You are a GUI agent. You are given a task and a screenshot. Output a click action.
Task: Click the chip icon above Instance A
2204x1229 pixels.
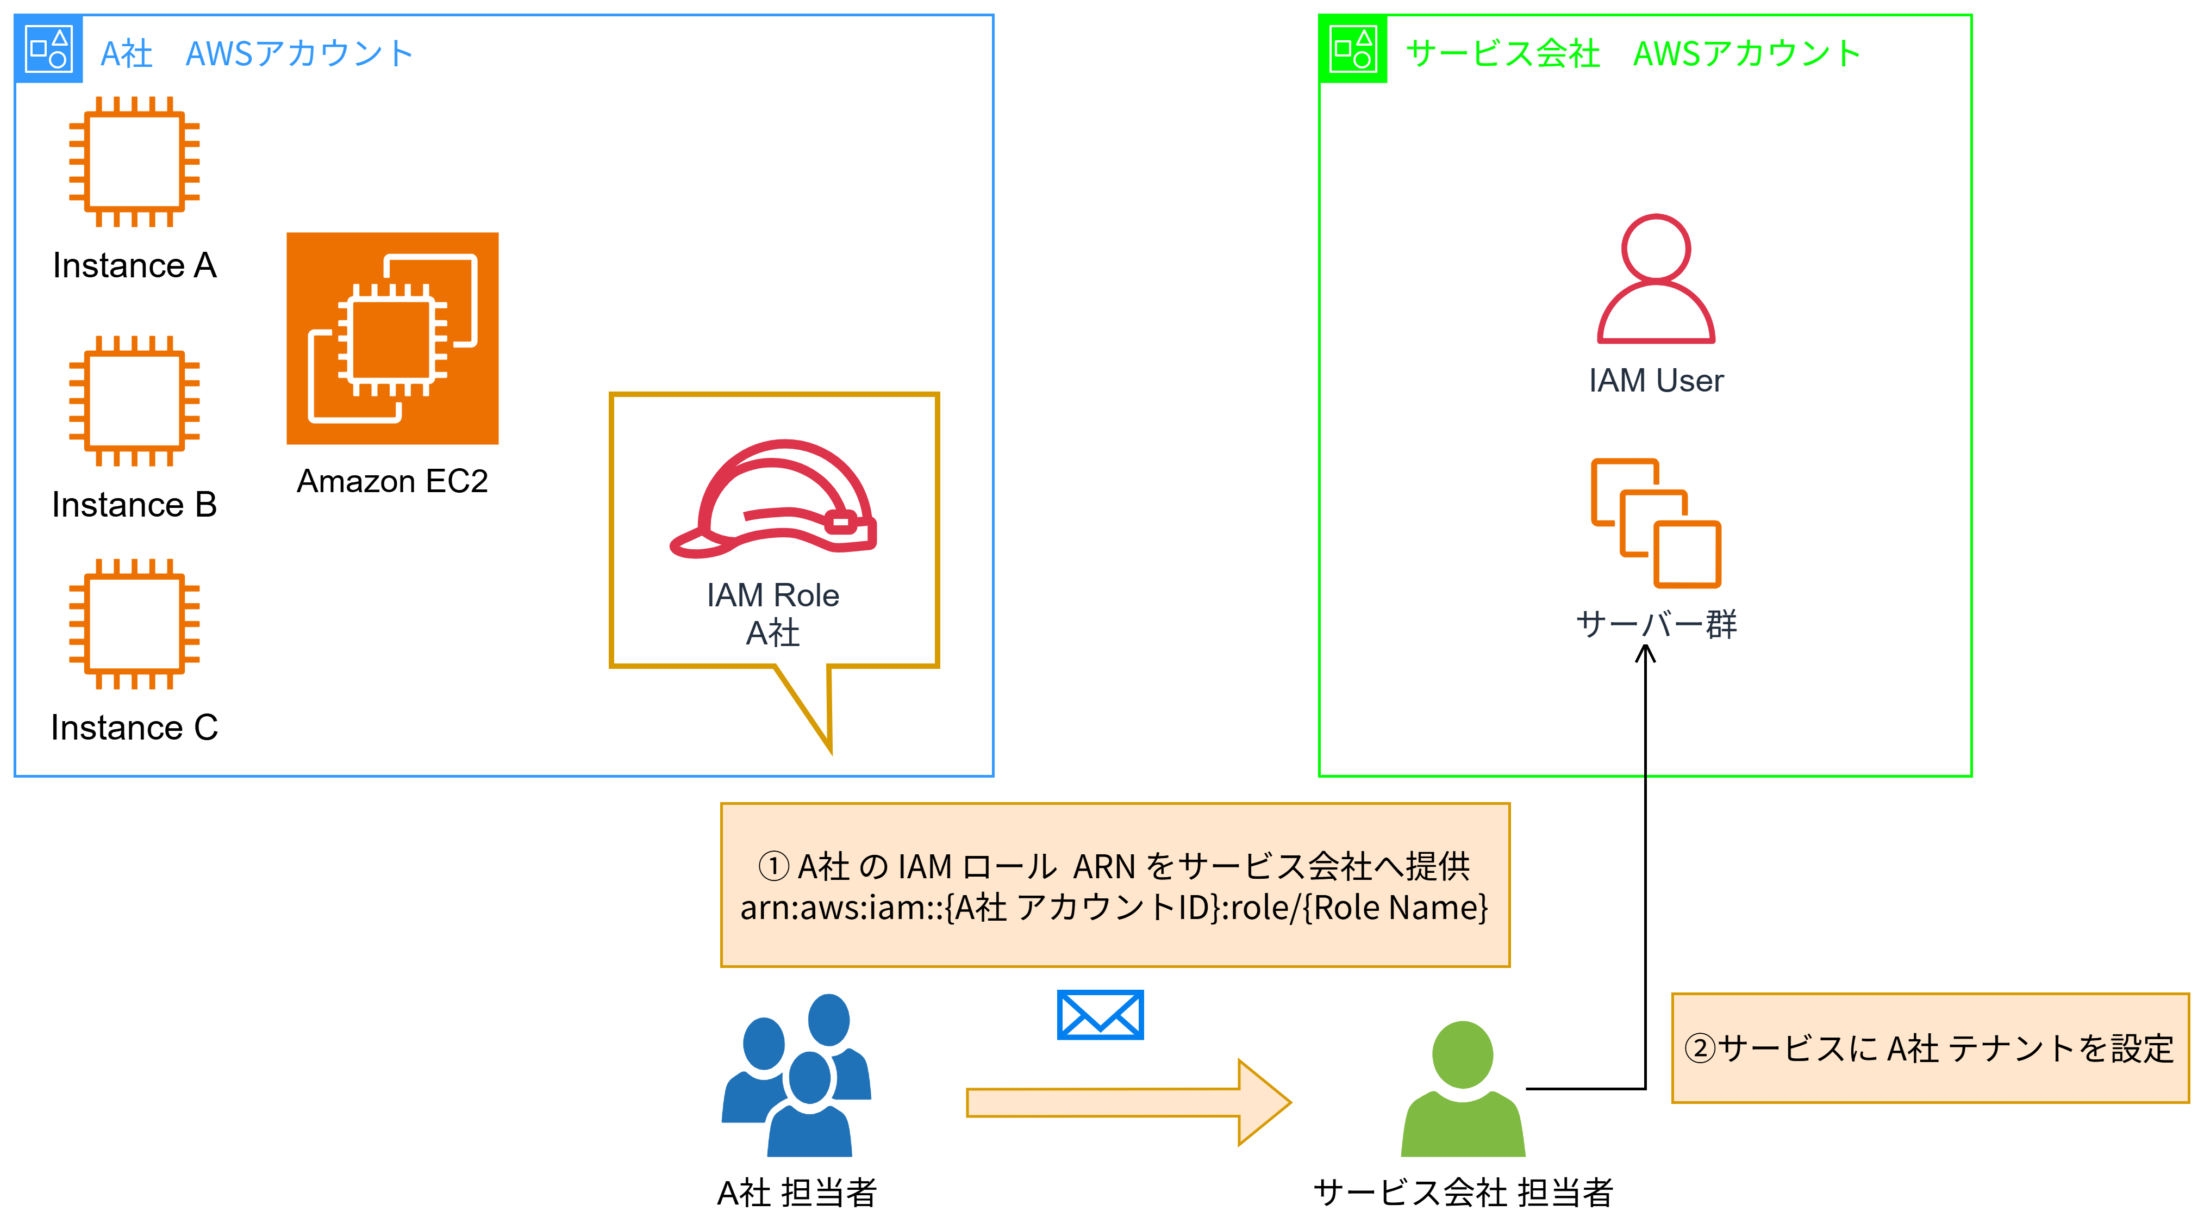coord(134,162)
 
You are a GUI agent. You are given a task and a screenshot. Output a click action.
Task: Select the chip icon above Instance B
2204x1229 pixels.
coord(134,401)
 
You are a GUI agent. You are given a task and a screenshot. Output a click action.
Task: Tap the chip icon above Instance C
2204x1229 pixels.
coord(134,624)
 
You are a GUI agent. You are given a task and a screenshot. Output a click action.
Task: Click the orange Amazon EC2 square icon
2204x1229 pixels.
coord(393,338)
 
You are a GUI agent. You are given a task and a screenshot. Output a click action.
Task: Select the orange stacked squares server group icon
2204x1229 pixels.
coord(1656,523)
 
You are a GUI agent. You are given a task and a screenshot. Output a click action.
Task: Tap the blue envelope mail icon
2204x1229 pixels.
coord(1100,1015)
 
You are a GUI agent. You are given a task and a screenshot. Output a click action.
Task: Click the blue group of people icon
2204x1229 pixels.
coord(797,1075)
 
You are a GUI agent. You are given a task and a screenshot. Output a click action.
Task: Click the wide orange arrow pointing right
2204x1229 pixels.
coord(1128,1102)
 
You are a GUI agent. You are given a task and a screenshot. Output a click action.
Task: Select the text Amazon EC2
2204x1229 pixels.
coord(393,481)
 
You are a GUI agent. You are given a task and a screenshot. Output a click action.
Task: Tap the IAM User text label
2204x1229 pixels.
coord(1656,381)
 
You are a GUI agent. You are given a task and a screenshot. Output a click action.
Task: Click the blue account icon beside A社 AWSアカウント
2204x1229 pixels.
coord(49,49)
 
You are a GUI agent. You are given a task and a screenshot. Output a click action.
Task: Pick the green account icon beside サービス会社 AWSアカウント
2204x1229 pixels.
coord(1353,49)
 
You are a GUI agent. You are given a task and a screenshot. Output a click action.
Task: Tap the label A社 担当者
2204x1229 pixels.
coord(797,1192)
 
